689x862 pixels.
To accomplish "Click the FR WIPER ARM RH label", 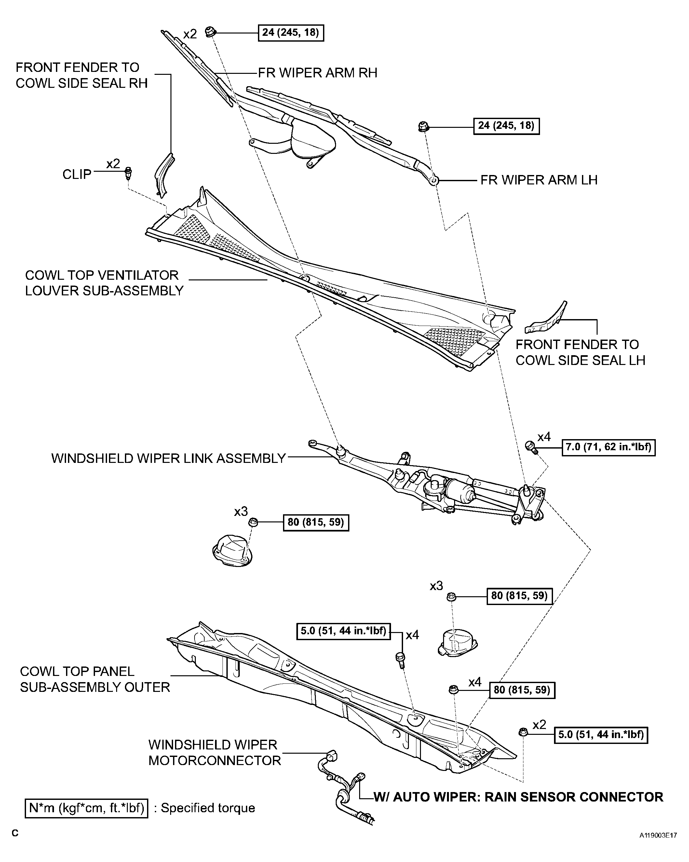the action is tap(317, 73).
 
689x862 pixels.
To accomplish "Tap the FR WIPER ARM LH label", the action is tap(539, 180).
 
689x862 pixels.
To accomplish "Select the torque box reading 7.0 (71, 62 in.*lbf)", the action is tap(609, 447).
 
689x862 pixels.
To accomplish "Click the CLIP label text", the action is tap(77, 174).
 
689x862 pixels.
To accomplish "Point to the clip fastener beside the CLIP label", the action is tap(128, 173).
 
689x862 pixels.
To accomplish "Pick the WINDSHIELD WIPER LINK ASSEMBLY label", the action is tap(169, 458).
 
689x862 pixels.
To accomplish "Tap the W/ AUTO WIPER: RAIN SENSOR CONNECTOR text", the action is tap(518, 797).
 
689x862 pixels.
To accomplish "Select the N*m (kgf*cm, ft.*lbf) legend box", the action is tap(87, 808).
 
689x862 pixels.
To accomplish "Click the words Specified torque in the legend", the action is tap(208, 808).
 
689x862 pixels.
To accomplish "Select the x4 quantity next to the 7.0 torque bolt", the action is tap(544, 437).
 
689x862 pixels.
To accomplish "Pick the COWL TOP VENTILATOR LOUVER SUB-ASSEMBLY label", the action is tap(104, 283).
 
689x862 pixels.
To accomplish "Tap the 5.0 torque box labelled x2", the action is tap(601, 734).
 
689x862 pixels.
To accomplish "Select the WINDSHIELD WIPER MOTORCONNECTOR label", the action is tap(215, 752).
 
